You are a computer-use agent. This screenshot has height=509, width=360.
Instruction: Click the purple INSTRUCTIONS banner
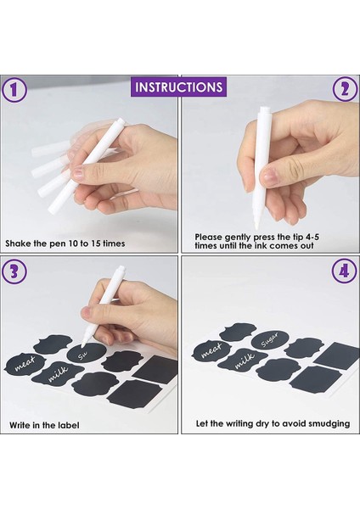(x=178, y=87)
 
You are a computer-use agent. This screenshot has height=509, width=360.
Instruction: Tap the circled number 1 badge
(x=14, y=90)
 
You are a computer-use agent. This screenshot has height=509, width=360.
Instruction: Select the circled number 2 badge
(x=345, y=89)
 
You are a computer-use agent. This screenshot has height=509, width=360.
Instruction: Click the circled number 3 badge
(x=14, y=271)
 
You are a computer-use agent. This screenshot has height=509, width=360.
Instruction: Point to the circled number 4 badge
(x=344, y=271)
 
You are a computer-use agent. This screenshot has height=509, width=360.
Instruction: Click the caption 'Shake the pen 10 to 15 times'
(x=65, y=243)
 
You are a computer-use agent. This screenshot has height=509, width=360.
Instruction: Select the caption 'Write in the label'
(x=44, y=425)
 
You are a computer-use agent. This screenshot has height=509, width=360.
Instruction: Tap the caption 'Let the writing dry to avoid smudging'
(x=273, y=423)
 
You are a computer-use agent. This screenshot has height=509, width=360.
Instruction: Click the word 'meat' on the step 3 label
(x=25, y=364)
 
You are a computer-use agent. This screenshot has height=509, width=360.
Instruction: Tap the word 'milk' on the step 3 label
(x=59, y=374)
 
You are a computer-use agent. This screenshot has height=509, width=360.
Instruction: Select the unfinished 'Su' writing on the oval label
(x=82, y=356)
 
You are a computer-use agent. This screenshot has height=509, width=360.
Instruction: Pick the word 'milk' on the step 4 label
(x=244, y=361)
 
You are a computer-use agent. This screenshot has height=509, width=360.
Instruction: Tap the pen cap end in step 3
(x=121, y=268)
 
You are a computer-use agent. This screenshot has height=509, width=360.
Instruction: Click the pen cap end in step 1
(x=121, y=120)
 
